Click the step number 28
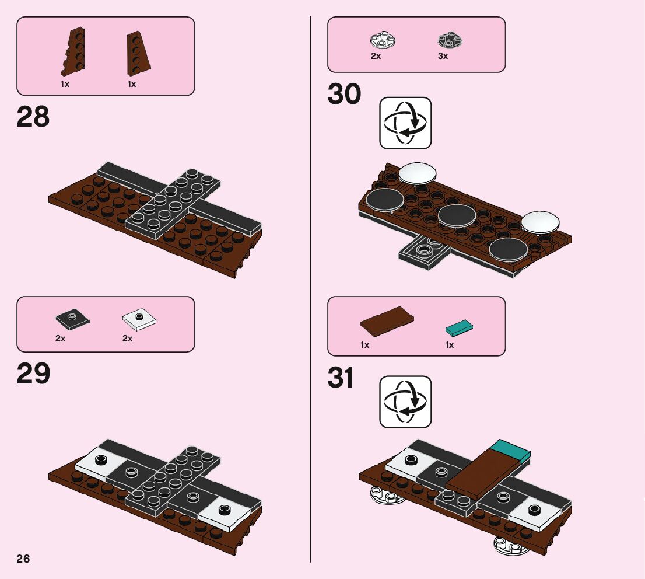pos(33,117)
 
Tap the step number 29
pos(33,374)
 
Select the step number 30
pos(344,95)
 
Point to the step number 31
pos(341,378)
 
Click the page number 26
pos(23,559)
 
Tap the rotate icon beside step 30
pos(405,123)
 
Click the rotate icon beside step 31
pos(405,402)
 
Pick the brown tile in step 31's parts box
pos(387,320)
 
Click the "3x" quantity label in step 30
pos(443,57)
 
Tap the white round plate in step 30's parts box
pos(383,40)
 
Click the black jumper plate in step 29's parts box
pos(72,319)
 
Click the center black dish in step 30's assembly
pos(457,215)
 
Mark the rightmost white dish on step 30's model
pos(540,222)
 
